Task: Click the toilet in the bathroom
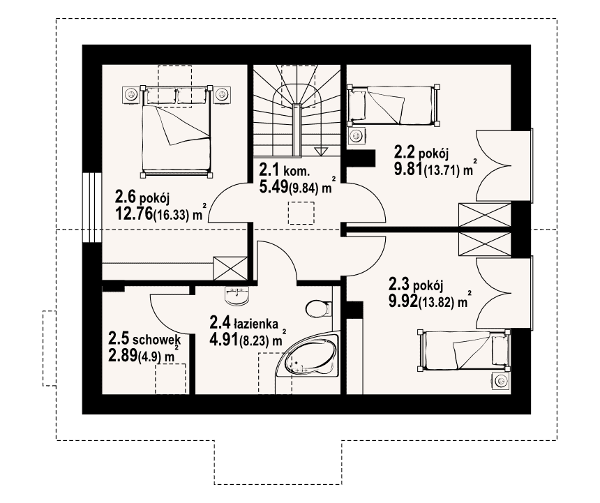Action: click(318, 308)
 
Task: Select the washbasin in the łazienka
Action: click(237, 296)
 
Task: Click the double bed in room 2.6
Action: click(176, 131)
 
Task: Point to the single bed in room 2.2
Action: click(393, 105)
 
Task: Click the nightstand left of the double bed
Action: click(131, 94)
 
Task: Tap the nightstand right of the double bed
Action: click(222, 94)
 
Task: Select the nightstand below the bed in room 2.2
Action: click(357, 135)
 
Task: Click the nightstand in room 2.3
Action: click(501, 381)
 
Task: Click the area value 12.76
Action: click(133, 213)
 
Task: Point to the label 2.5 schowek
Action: click(144, 338)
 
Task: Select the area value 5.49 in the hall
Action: click(273, 187)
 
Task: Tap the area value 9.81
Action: click(408, 168)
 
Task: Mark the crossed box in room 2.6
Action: click(230, 268)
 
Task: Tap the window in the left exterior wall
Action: click(92, 207)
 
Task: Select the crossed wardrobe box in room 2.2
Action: click(485, 215)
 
